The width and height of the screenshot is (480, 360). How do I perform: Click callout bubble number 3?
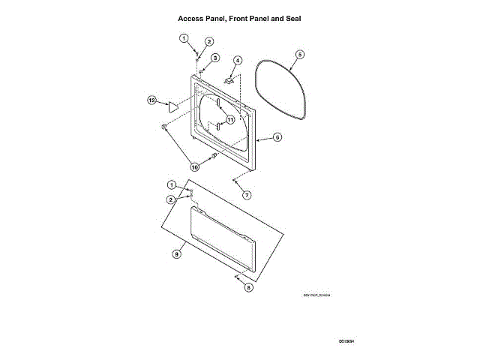[x=214, y=58]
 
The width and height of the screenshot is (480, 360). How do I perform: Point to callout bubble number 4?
[x=237, y=60]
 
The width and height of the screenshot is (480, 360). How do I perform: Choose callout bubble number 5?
[x=299, y=55]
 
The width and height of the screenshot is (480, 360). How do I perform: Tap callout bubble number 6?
[x=277, y=138]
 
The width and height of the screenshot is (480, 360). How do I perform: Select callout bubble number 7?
[x=247, y=195]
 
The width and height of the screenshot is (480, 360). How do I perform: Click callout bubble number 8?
[x=249, y=286]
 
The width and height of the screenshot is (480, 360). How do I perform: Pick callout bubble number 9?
[x=177, y=254]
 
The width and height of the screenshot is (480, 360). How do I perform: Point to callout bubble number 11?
[x=230, y=119]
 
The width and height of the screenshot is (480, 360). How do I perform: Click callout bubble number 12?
[x=151, y=99]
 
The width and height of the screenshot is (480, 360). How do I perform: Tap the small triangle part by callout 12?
[x=171, y=106]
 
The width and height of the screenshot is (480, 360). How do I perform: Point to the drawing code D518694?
[x=345, y=341]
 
